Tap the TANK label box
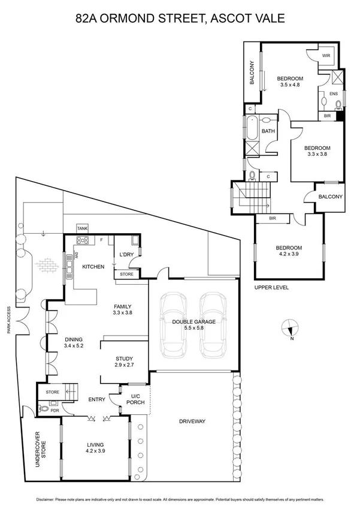coord(82,228)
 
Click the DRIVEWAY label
coord(192,421)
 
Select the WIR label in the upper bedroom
coord(326,56)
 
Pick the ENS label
coord(334,94)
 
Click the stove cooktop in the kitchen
coord(81,242)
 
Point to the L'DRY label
coord(126,255)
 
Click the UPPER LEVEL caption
coord(271,287)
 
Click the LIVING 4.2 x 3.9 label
coord(95,447)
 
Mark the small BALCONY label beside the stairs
coord(331,196)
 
